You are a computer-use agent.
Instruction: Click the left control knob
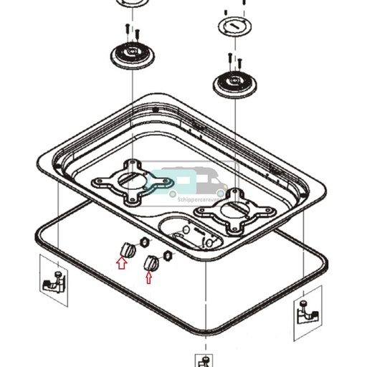coord(128,249)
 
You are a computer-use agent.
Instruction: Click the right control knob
coord(151,263)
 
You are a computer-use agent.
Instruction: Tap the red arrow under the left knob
coord(121,263)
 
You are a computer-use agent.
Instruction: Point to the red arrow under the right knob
coord(148,277)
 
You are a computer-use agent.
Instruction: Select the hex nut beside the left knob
coord(143,242)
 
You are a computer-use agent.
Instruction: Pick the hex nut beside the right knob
coord(168,255)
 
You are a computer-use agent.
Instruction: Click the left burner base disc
coord(133,54)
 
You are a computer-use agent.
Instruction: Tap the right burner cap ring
coord(235,27)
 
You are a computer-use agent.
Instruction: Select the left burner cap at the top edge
coord(130,3)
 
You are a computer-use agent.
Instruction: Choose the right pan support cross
coord(236,213)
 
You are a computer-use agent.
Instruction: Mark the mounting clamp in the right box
coord(307,313)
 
